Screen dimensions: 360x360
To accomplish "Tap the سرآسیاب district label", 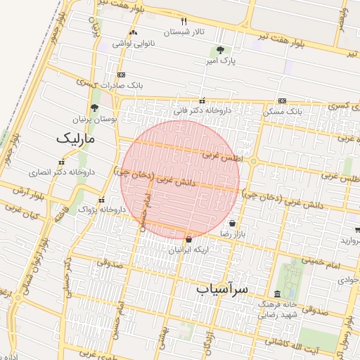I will tap(223, 288).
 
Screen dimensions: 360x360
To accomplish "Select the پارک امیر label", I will tap(220, 62).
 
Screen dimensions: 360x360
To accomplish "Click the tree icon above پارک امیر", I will tap(221, 50).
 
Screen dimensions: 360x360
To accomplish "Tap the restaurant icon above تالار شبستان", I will tap(184, 21).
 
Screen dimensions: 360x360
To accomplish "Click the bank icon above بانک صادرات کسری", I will tap(121, 75).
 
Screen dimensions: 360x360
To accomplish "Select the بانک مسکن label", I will tap(283, 111).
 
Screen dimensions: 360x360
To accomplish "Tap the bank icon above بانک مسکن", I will tap(282, 101).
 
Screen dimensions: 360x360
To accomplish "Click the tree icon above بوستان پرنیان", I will tap(95, 108).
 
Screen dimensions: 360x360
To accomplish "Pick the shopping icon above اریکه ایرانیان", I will tap(188, 240).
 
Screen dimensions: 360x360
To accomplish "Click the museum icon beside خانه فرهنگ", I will tap(276, 293).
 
